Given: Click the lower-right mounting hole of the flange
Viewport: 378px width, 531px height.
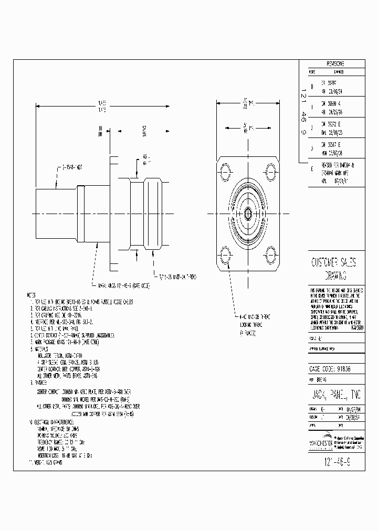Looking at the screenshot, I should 271,257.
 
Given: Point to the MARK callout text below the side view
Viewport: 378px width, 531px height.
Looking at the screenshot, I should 123,285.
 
